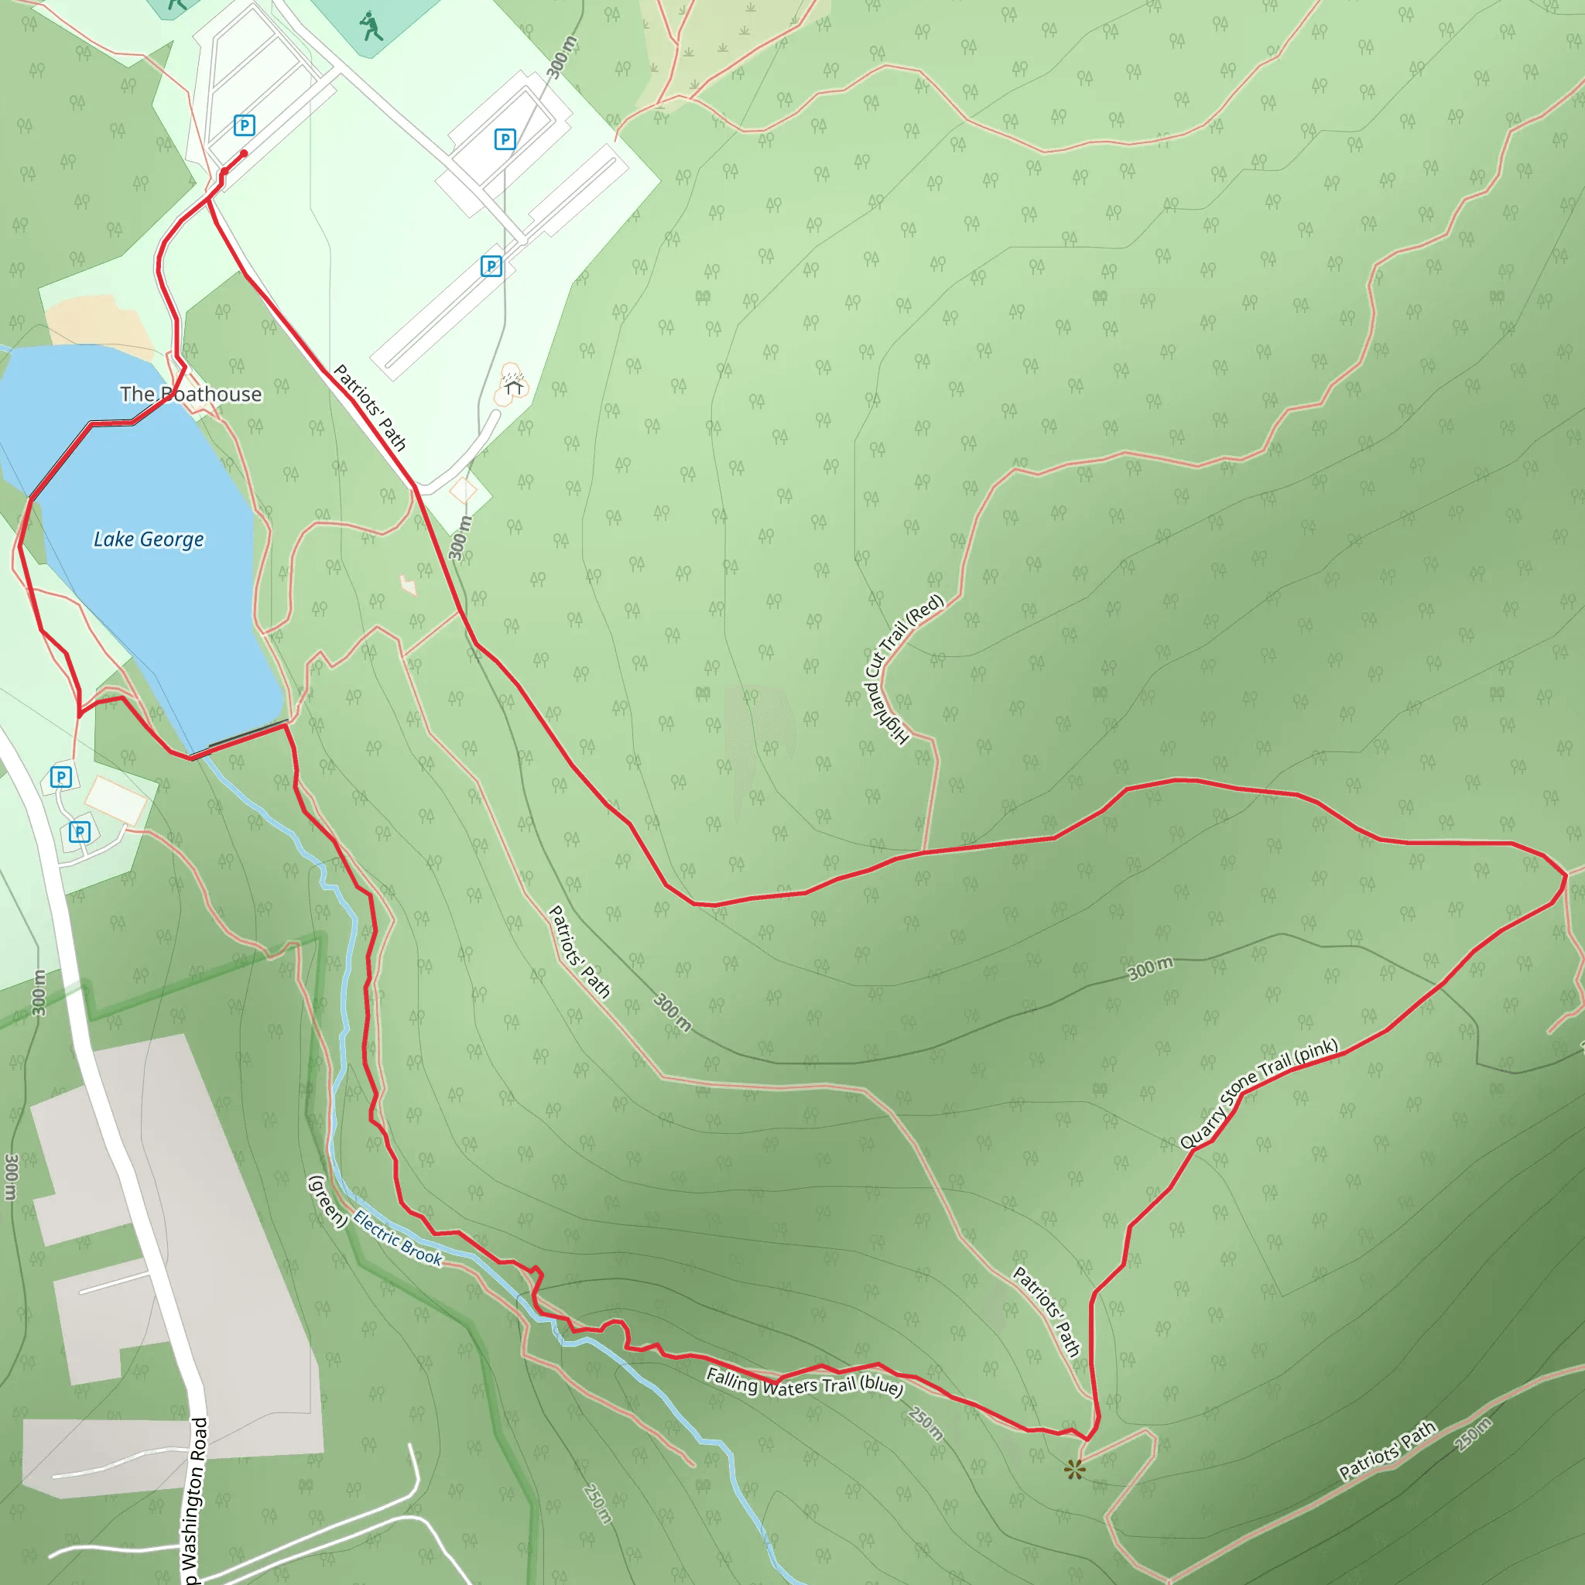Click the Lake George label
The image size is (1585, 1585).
click(x=149, y=539)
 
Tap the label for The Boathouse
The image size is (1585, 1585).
click(x=190, y=395)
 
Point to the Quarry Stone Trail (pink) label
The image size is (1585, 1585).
click(x=1258, y=1093)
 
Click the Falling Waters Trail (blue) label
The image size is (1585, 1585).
click(x=804, y=1382)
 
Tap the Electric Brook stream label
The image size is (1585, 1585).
click(x=398, y=1238)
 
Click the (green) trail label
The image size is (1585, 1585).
click(x=327, y=1201)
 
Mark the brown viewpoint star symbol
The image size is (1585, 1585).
click(x=1075, y=1470)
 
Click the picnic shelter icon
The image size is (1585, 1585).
click(x=514, y=385)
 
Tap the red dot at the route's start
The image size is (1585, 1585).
click(x=244, y=153)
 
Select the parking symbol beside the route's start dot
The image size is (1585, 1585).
click(x=244, y=125)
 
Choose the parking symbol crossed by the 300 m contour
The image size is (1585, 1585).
click(x=505, y=139)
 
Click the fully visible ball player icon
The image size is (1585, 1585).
click(x=371, y=26)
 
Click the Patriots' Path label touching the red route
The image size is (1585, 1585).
click(x=370, y=408)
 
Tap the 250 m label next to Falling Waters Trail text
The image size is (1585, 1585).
click(x=926, y=1423)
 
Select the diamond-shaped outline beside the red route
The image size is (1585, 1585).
click(x=463, y=491)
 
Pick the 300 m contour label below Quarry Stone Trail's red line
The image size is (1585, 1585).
click(x=1150, y=968)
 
